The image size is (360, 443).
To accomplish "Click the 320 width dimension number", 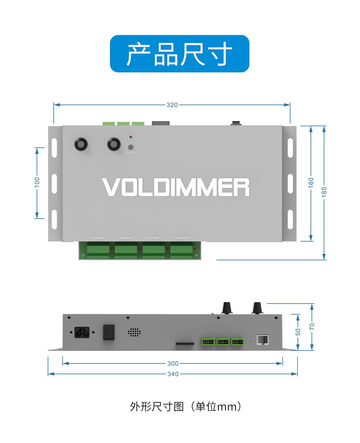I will tap(172, 105).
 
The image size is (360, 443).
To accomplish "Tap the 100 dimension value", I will tap(37, 182).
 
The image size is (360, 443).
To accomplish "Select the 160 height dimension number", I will tap(311, 183).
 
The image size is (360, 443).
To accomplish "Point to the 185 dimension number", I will tap(324, 192).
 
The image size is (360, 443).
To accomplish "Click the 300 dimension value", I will tap(173, 363).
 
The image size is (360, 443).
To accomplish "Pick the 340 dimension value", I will tap(173, 374).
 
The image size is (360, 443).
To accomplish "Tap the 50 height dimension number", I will tap(298, 332).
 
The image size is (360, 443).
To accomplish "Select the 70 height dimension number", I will tap(312, 326).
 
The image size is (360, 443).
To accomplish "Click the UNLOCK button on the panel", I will tap(131, 147).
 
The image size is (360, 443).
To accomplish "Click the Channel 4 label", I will tap(182, 238).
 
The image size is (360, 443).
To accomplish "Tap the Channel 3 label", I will tap(153, 238).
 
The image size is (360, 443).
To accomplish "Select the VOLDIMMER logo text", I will tap(176, 187).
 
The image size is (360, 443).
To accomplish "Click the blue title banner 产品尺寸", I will tap(179, 54).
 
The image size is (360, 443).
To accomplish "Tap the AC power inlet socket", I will tap(82, 332).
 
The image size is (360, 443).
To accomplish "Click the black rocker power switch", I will tap(109, 332).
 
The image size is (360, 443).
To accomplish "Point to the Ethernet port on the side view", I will tap(262, 340).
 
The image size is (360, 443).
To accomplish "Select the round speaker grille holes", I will tap(134, 332).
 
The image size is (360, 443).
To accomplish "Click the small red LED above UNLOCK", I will tap(131, 137).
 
